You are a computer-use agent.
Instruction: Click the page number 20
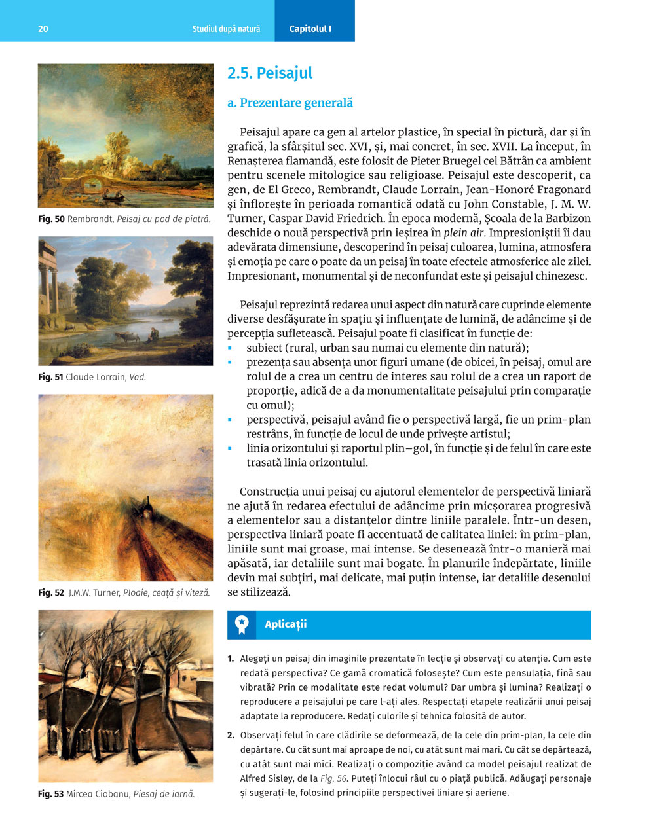[x=43, y=29]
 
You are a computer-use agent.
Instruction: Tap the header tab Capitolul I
[x=310, y=29]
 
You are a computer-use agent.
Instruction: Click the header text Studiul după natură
[x=226, y=29]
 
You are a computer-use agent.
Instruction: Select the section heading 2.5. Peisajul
[x=270, y=73]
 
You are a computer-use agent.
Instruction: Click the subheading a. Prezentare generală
[x=290, y=103]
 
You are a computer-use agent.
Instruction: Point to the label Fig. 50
[x=51, y=219]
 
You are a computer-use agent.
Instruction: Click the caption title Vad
[x=138, y=377]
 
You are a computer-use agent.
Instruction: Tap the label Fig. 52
[x=51, y=592]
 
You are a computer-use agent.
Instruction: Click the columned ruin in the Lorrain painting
[x=48, y=275]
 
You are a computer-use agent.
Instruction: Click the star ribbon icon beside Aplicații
[x=242, y=624]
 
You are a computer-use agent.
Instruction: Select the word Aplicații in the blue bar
[x=286, y=624]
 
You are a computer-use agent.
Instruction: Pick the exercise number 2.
[x=231, y=735]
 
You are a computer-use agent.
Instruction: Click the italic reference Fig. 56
[x=334, y=778]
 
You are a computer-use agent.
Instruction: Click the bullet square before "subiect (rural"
[x=231, y=348]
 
